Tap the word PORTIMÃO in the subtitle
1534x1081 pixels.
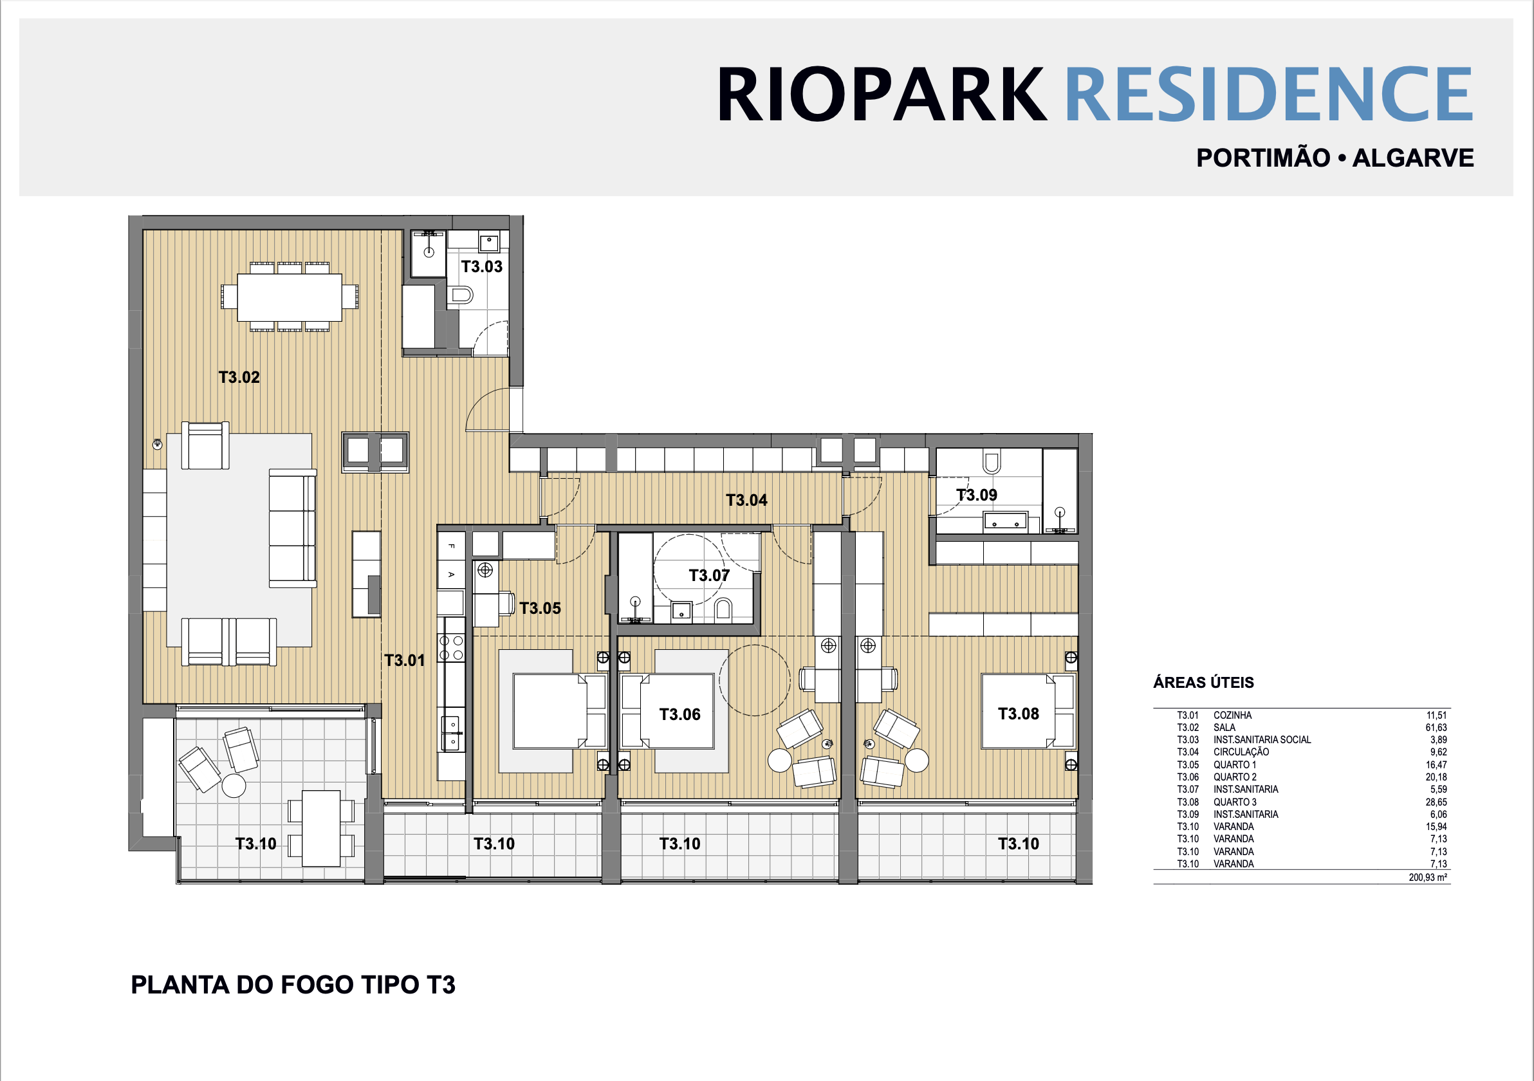tap(1262, 158)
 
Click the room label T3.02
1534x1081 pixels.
tap(239, 378)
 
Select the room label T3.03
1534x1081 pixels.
tap(482, 266)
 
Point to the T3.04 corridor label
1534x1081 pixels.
tap(746, 501)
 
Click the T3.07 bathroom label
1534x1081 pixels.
tap(709, 575)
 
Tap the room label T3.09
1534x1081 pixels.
tap(976, 495)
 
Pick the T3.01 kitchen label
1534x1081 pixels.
tap(404, 661)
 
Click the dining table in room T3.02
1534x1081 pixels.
tap(290, 297)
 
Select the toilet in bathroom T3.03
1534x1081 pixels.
tap(461, 295)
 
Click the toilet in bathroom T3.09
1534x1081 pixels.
tap(992, 461)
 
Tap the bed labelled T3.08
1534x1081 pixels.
tap(1028, 711)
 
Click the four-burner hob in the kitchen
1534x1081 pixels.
tap(451, 648)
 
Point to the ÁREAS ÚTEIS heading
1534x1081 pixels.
tap(1203, 682)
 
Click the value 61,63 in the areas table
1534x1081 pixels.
tap(1436, 728)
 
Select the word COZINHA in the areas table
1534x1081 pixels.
tap(1233, 716)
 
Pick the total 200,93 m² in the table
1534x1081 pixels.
tap(1428, 877)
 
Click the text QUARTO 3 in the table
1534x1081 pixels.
tap(1235, 802)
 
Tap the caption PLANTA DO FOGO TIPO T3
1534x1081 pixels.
tap(293, 984)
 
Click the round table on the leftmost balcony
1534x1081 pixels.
tap(233, 786)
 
